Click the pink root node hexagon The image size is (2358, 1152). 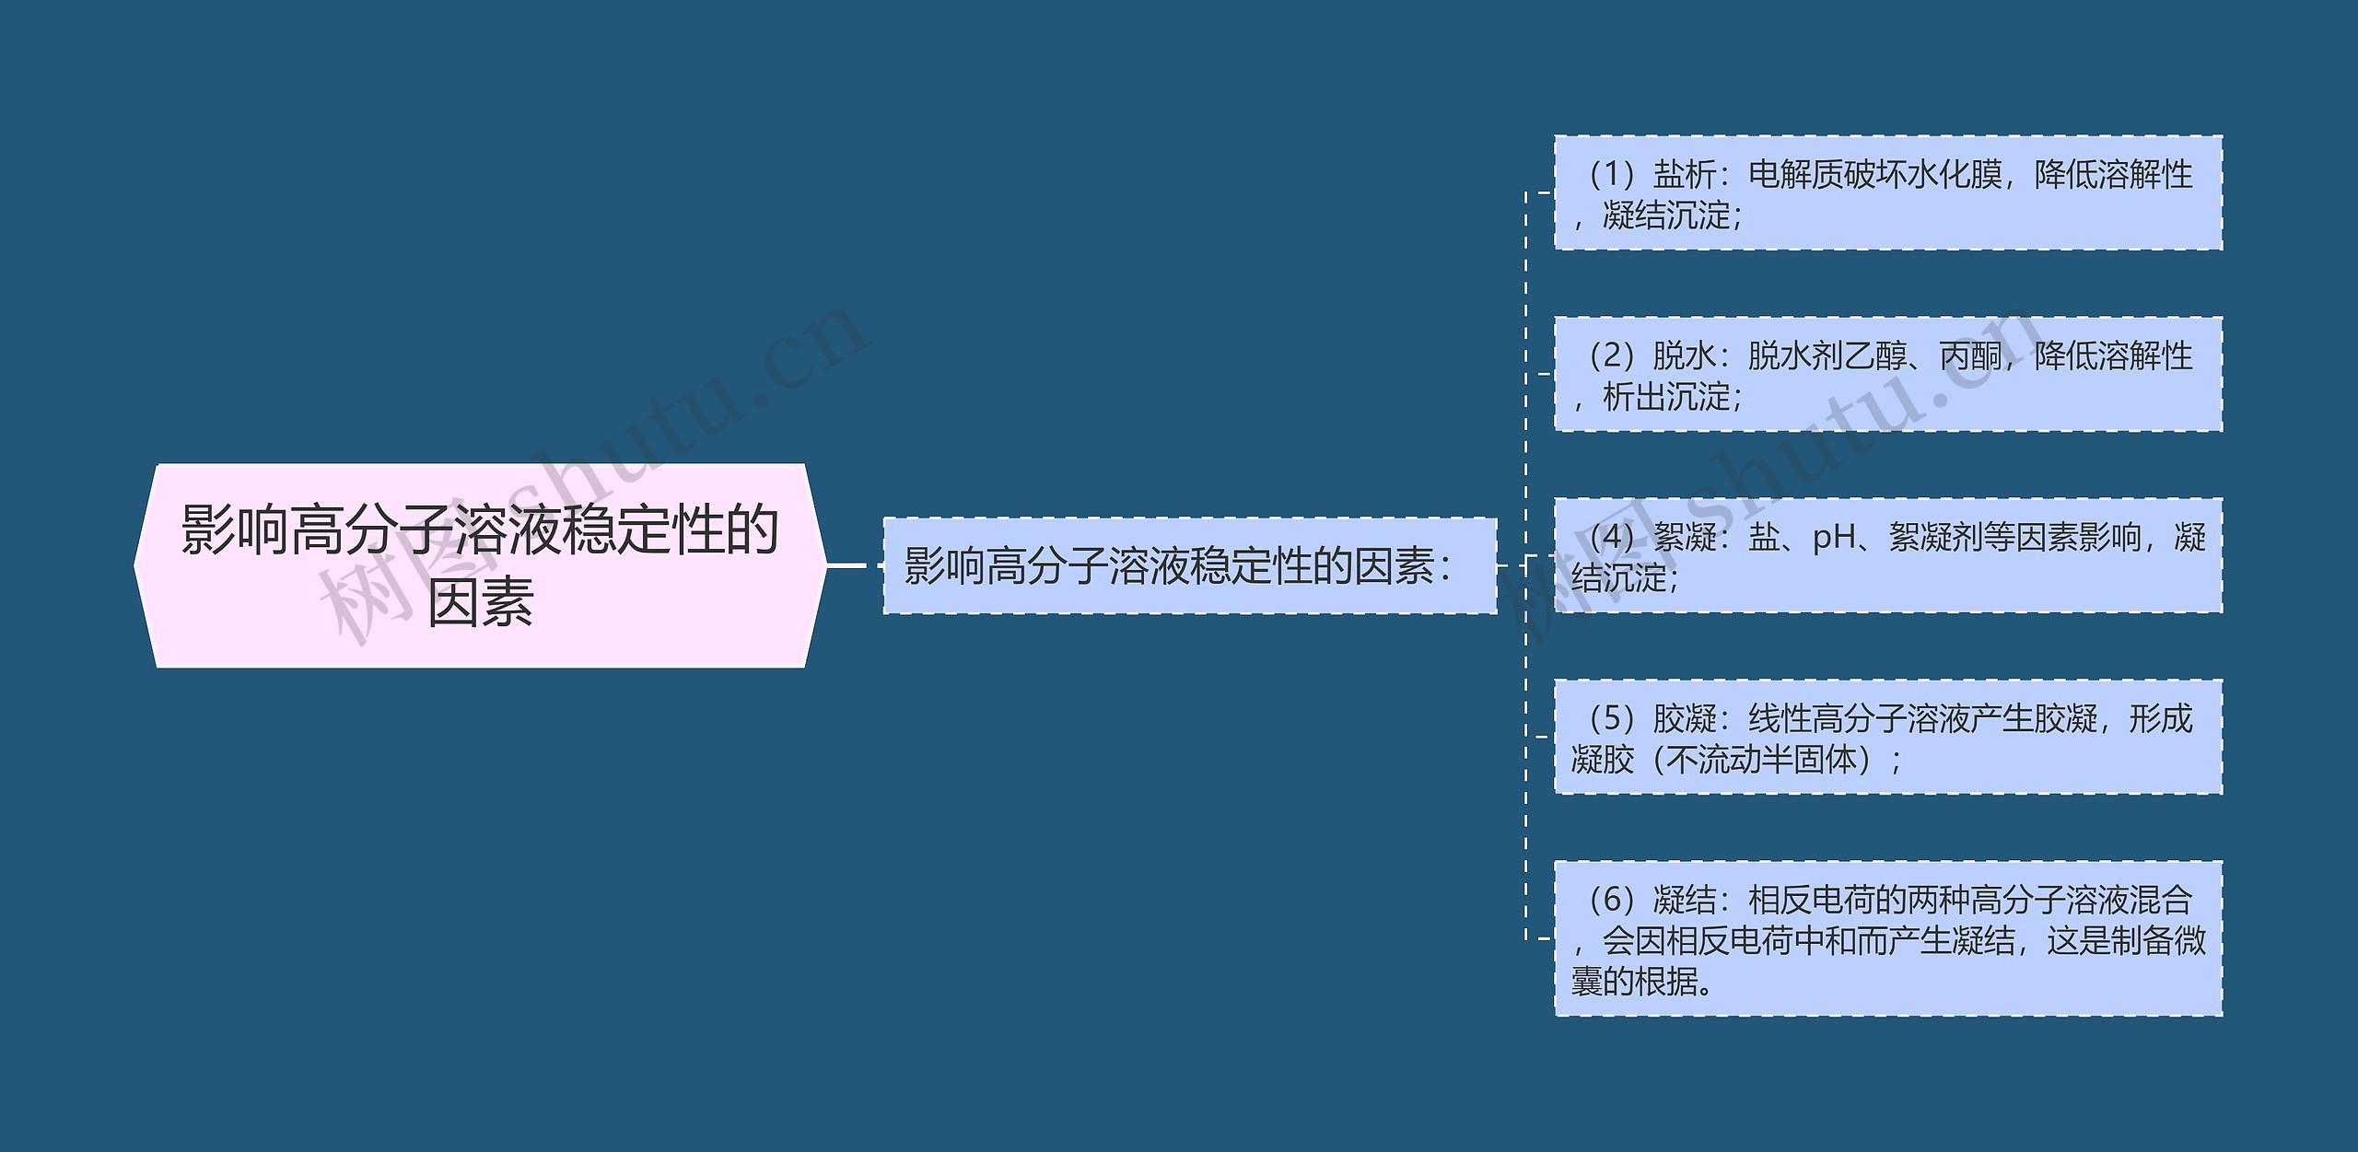[479, 565]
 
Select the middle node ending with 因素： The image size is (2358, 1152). [1188, 565]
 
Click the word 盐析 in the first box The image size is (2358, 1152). [1685, 174]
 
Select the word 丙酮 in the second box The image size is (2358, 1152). [1970, 355]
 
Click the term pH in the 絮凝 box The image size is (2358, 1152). [1834, 537]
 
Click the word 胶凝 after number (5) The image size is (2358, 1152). [1685, 718]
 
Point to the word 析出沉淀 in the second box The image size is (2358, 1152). [1667, 398]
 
